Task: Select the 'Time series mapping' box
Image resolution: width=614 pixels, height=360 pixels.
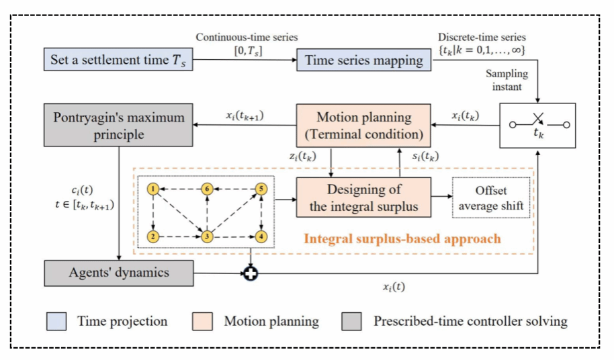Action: [x=364, y=60]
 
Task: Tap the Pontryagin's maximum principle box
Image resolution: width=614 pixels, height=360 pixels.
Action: [x=118, y=126]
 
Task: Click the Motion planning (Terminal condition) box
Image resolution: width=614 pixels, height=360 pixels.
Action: [x=363, y=126]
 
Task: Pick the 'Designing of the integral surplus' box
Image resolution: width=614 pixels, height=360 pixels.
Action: [x=363, y=197]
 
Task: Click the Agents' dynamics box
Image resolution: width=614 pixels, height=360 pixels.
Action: [x=118, y=273]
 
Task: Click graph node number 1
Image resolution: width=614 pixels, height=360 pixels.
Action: [x=154, y=189]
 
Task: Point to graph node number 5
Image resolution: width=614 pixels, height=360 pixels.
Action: [x=262, y=189]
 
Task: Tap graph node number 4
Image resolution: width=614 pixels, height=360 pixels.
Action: [x=262, y=236]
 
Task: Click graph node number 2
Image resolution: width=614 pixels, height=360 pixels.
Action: [x=154, y=236]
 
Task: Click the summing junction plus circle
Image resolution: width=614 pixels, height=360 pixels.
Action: [x=251, y=274]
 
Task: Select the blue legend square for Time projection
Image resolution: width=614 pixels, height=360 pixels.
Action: [x=57, y=321]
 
